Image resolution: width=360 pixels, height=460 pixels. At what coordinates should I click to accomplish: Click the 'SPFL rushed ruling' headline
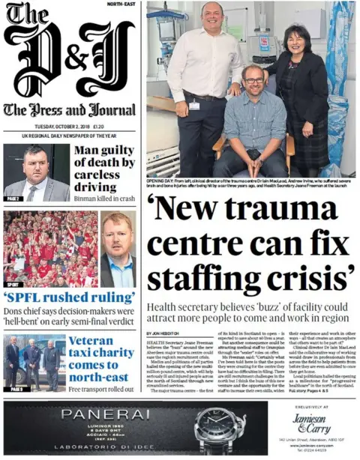click(x=70, y=297)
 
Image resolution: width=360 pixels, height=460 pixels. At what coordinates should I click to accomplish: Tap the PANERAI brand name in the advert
click(x=100, y=414)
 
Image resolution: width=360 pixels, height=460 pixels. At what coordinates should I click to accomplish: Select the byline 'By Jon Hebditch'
click(x=162, y=333)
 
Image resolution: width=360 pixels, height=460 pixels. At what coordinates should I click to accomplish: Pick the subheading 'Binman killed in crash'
click(x=104, y=199)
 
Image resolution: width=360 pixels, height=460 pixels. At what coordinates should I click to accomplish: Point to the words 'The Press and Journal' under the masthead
click(x=70, y=109)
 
